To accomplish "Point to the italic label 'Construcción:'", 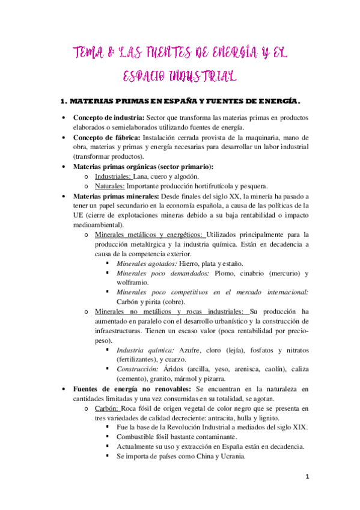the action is point(137,369).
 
